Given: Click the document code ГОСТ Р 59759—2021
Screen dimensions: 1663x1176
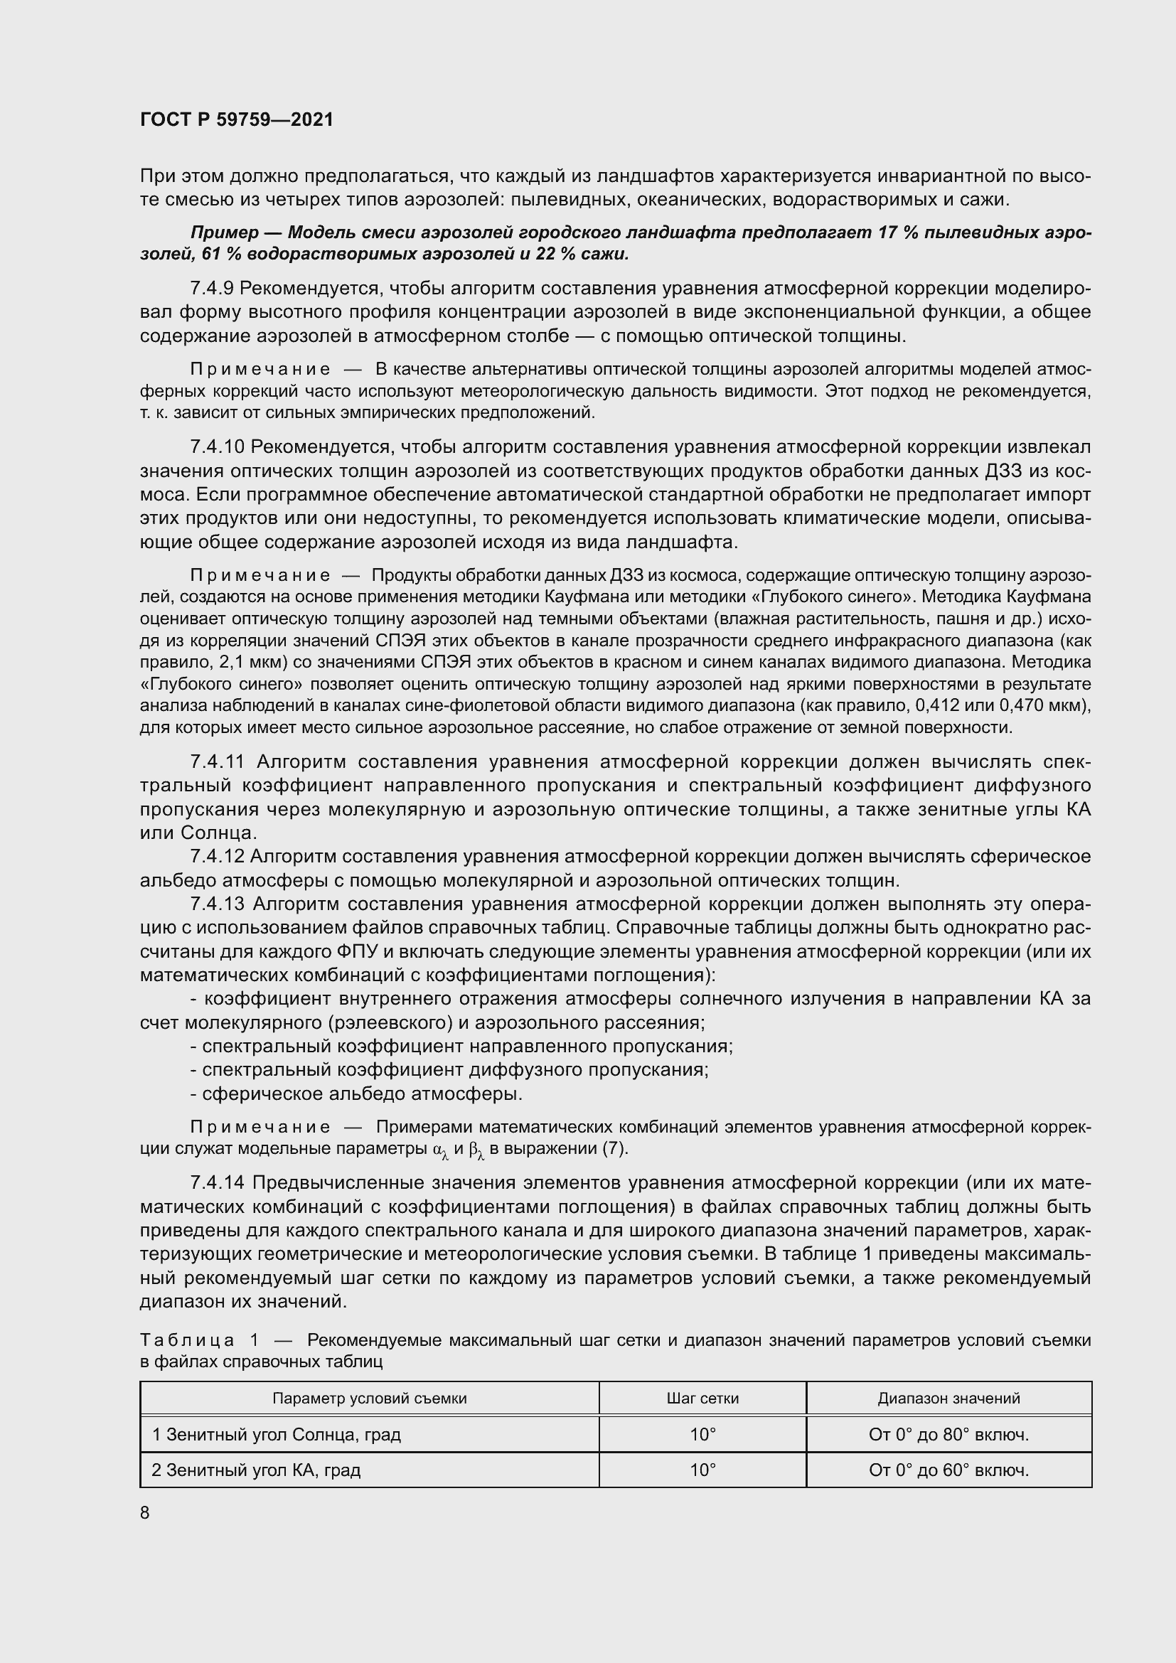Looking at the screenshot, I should click(x=237, y=120).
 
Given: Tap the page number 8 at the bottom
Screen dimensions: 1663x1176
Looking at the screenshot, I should click(x=145, y=1513).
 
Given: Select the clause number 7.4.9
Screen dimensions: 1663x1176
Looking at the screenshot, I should click(x=211, y=288).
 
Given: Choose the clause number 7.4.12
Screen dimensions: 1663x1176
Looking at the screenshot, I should click(x=217, y=857).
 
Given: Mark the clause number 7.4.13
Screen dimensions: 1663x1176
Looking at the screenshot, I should click(x=217, y=904).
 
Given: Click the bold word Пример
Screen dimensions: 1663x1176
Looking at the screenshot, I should click(x=225, y=232).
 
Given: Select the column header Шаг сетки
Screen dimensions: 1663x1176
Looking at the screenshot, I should click(x=702, y=1398).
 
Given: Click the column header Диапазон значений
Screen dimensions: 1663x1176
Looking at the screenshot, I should click(x=948, y=1398).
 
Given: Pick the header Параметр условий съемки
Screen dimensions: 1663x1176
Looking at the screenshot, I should click(x=369, y=1398).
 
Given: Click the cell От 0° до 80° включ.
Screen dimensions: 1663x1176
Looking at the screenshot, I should click(x=948, y=1434).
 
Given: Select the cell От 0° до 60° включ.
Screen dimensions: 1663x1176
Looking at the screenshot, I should click(x=948, y=1470).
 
